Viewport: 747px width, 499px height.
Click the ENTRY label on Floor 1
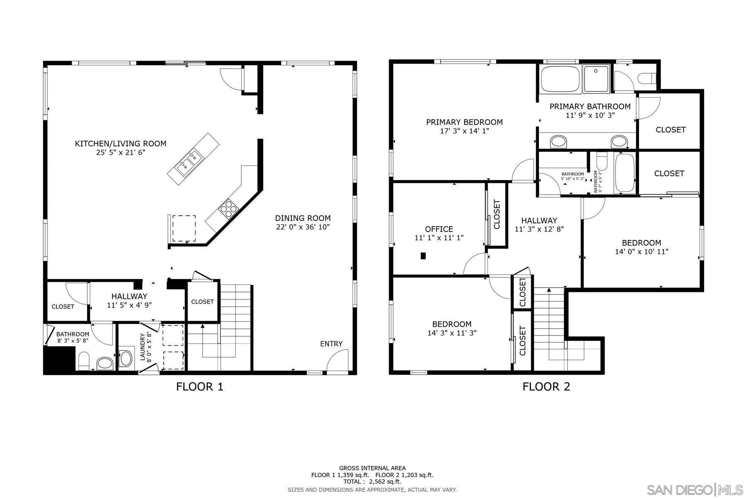tap(331, 343)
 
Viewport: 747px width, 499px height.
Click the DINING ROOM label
tap(303, 218)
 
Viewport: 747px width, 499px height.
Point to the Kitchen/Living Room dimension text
tap(120, 153)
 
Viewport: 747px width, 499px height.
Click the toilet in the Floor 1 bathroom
tap(83, 361)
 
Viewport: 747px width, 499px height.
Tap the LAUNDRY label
tap(142, 347)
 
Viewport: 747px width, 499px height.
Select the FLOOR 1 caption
tap(200, 387)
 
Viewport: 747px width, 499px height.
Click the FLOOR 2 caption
tap(546, 387)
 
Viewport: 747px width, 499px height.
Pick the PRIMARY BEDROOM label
tap(464, 122)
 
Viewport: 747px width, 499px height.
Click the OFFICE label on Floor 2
tap(439, 229)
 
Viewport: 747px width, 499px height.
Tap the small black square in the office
tap(423, 256)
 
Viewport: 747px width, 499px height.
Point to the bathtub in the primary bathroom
tap(560, 79)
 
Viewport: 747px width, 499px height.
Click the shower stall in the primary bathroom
tap(596, 79)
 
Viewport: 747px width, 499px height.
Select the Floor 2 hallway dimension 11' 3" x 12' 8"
tap(539, 229)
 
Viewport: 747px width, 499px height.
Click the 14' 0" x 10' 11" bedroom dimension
tap(642, 252)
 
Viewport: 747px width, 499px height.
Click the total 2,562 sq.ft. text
tap(372, 482)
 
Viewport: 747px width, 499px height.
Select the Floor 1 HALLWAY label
tap(129, 296)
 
